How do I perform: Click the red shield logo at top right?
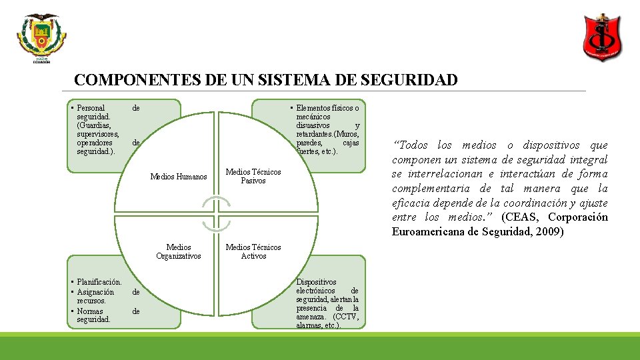(x=603, y=36)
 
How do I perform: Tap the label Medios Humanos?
(x=179, y=177)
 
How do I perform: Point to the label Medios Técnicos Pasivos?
(x=253, y=176)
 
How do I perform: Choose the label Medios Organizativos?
(x=179, y=251)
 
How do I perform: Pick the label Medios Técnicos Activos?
(x=253, y=251)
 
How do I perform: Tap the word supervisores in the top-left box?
(x=97, y=134)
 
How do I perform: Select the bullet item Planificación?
(x=99, y=282)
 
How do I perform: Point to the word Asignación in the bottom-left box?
(x=96, y=292)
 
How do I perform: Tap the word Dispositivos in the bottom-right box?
(x=316, y=282)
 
